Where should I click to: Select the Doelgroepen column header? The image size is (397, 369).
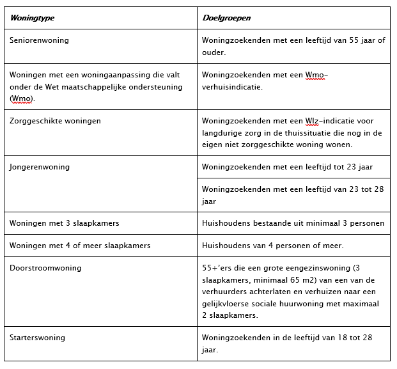(x=226, y=18)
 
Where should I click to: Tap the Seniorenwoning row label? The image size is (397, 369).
(x=39, y=40)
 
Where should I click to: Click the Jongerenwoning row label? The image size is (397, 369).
(x=40, y=167)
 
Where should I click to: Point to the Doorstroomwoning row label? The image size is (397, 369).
(x=45, y=268)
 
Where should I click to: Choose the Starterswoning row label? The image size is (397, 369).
(x=37, y=337)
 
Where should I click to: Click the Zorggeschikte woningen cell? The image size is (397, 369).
(x=55, y=120)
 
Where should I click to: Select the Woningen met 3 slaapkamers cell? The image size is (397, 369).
(x=64, y=223)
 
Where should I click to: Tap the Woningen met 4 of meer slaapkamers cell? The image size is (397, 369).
(x=80, y=246)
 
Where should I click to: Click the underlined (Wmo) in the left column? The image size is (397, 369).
(x=22, y=98)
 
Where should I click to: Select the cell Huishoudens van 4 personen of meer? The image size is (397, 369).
(x=272, y=246)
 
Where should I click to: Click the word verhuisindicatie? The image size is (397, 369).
(x=231, y=86)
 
